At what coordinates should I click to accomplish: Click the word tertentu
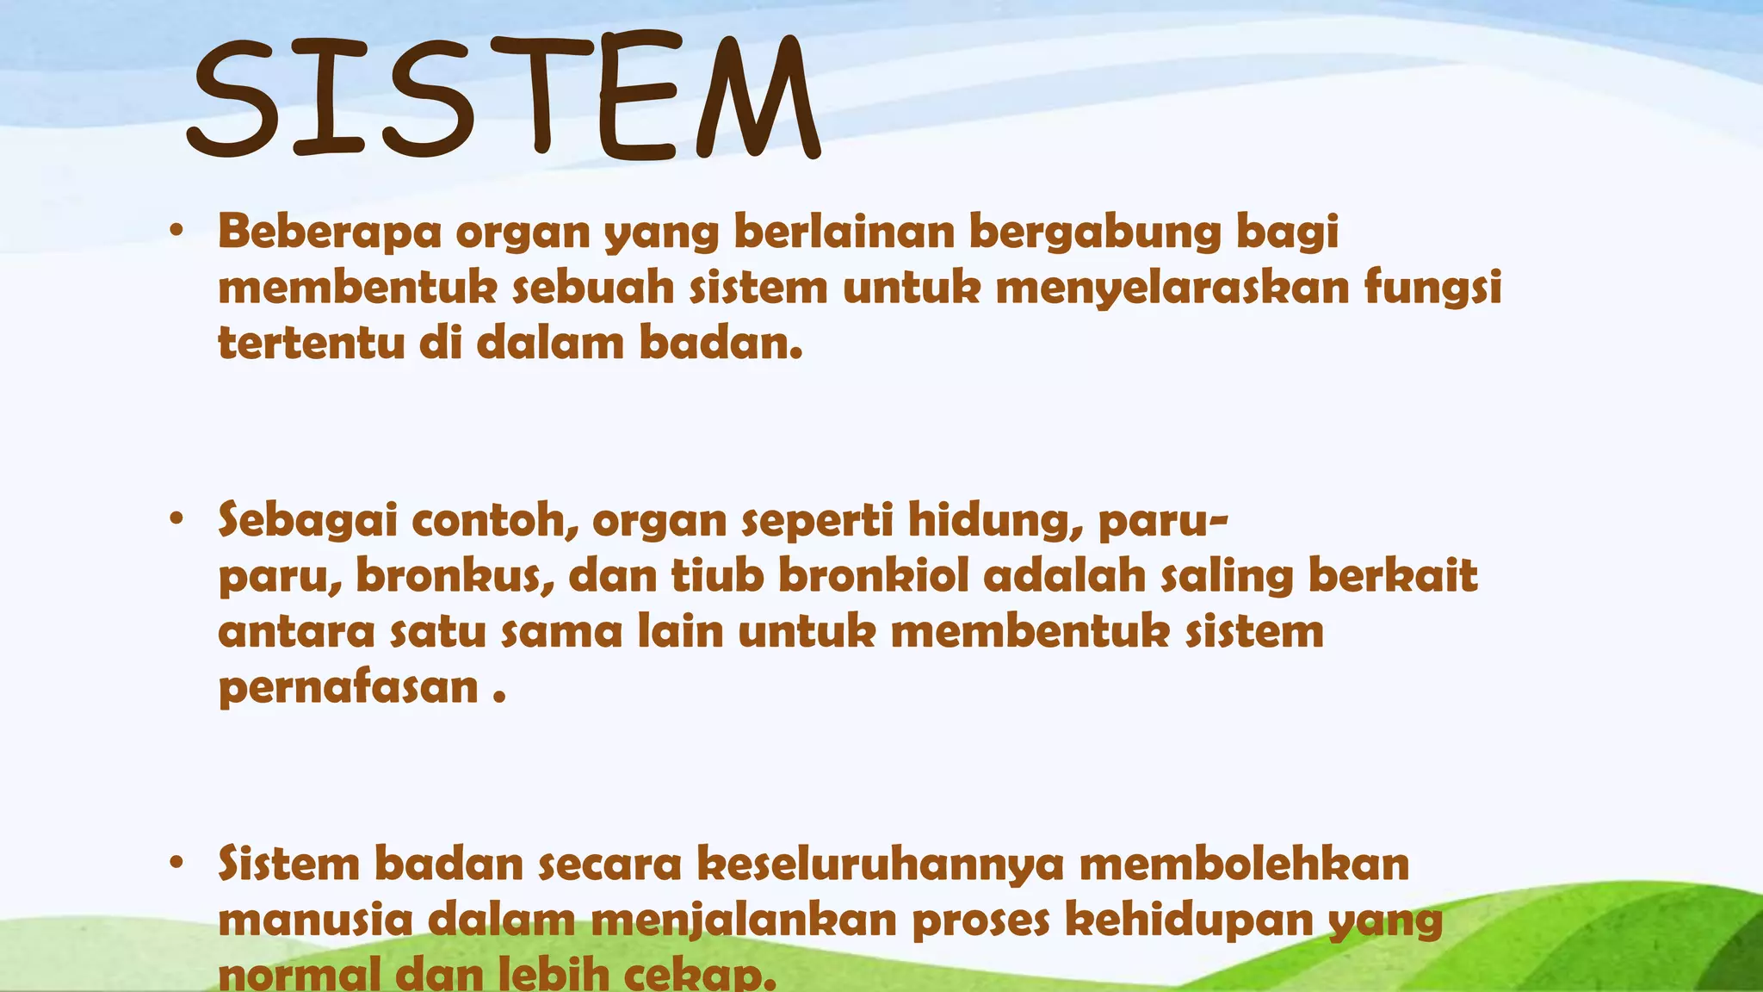(312, 343)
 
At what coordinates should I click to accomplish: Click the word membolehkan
(1244, 864)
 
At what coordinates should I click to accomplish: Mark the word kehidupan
(1189, 921)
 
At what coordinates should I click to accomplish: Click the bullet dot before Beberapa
(176, 232)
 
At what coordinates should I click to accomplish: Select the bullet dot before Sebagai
(176, 519)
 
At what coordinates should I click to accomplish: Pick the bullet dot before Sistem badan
(176, 863)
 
